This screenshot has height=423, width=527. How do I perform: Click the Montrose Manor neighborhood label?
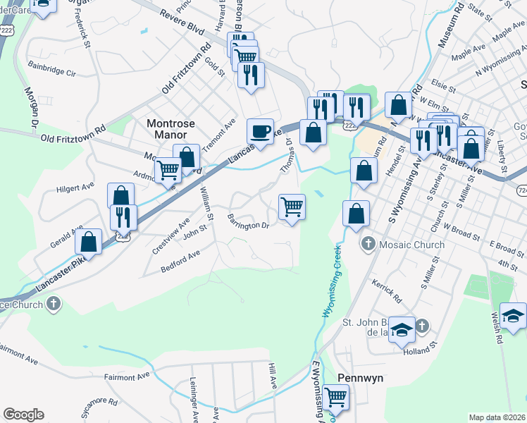[x=166, y=128]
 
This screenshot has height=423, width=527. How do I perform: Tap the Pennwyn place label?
[x=360, y=378]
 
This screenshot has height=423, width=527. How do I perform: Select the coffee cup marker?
[x=260, y=131]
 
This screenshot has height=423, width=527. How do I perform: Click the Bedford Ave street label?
[x=180, y=260]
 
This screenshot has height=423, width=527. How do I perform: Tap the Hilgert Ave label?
[x=75, y=188]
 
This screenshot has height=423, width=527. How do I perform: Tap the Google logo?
[x=23, y=415]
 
